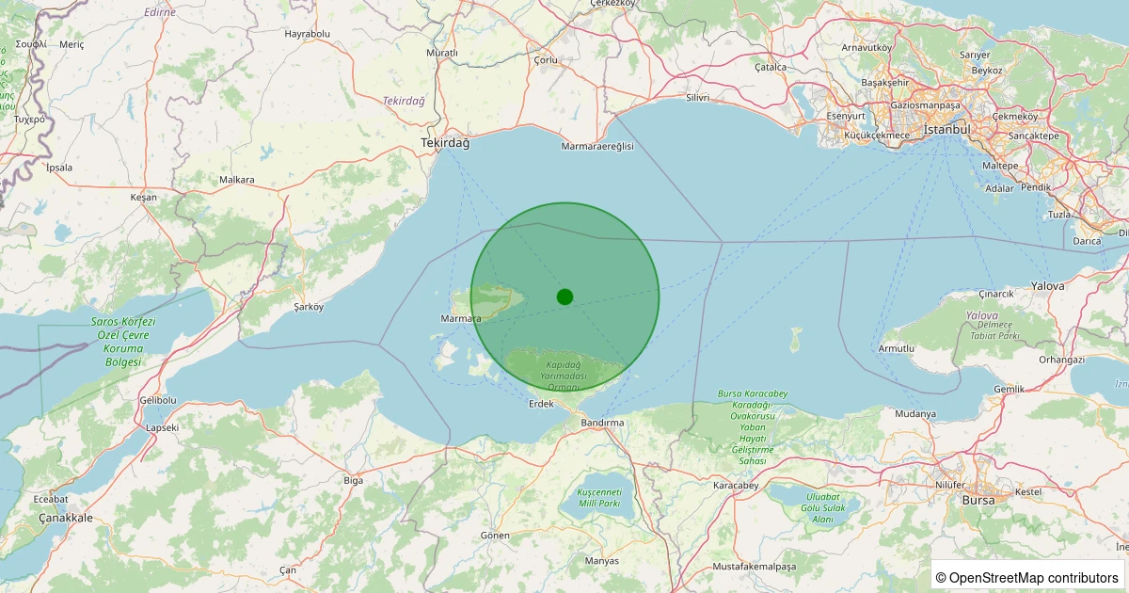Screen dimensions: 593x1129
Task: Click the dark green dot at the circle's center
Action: point(564,296)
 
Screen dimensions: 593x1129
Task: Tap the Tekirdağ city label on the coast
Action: point(445,143)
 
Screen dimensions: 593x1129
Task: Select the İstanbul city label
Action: point(946,129)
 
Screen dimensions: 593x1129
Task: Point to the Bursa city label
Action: point(978,500)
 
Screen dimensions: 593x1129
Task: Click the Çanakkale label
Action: point(66,518)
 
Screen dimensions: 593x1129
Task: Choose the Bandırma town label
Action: point(602,423)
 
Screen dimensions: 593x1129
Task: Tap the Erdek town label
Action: point(541,404)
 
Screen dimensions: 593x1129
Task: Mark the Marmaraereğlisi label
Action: point(597,147)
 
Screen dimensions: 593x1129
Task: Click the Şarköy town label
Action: point(309,307)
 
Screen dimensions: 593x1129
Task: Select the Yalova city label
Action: point(1047,285)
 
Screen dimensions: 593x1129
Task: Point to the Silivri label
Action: point(697,98)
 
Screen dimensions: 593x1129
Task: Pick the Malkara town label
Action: point(236,179)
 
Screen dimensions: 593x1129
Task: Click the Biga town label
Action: point(353,480)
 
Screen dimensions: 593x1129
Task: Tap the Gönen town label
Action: point(495,536)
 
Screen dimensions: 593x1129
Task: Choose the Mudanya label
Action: point(915,413)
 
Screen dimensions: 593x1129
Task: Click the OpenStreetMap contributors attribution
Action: point(1027,577)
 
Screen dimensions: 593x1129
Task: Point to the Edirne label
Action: point(161,12)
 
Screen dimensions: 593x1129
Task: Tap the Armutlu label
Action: point(896,348)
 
